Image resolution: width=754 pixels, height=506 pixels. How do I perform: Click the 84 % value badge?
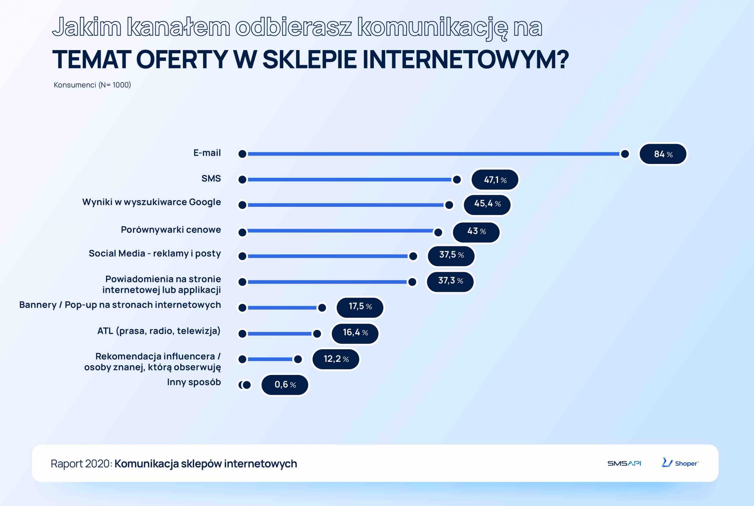[663, 154]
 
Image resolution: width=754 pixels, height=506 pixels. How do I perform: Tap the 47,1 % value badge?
[495, 179]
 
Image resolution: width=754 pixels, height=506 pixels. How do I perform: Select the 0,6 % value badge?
[285, 385]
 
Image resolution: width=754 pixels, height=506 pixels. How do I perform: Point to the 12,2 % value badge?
[336, 359]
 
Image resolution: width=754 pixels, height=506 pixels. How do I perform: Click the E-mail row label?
[207, 153]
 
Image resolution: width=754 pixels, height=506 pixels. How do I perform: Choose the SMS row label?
[211, 178]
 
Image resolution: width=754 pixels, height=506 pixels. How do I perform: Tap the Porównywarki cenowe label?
[171, 229]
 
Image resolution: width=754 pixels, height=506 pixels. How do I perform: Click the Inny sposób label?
[194, 382]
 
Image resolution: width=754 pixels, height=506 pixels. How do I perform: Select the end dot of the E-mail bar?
[625, 154]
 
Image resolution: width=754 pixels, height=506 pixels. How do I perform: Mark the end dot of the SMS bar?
[457, 179]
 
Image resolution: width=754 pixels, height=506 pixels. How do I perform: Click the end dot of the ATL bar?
[317, 333]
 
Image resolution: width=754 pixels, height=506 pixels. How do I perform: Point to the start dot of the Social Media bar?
[242, 256]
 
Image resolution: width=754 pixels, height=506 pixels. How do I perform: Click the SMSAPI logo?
[624, 463]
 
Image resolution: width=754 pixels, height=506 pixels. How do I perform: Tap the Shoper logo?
[680, 463]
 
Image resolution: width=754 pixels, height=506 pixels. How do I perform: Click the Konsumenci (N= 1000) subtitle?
[92, 85]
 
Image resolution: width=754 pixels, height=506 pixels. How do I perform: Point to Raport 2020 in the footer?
[81, 463]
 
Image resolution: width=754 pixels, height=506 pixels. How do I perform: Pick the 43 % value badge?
[476, 232]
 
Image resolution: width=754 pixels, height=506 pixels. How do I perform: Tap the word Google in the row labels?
[205, 202]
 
